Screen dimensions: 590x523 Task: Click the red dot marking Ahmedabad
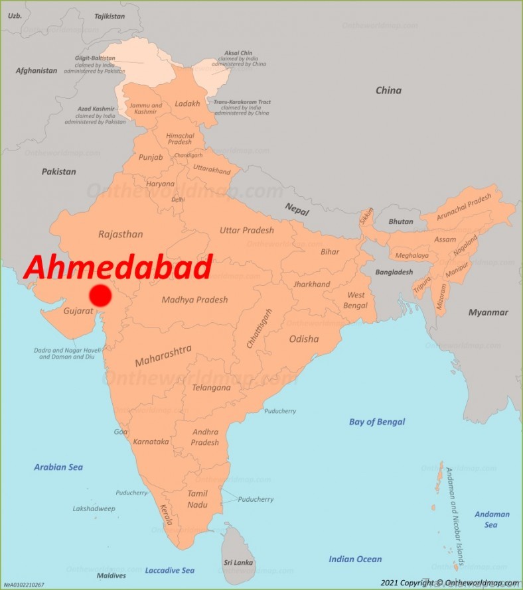tap(100, 295)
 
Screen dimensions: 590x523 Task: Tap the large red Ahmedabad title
tap(118, 267)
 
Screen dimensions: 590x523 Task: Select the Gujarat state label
tap(77, 310)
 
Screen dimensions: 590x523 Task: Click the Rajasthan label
tap(120, 234)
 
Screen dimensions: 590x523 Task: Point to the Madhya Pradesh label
tap(194, 300)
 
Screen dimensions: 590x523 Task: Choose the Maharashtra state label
tap(163, 356)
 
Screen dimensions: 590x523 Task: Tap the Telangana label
tap(211, 388)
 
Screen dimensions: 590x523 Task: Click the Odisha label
tap(303, 339)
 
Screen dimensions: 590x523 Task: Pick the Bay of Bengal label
tap(377, 422)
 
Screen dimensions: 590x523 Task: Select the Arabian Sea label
tap(58, 467)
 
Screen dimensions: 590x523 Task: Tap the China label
tap(388, 90)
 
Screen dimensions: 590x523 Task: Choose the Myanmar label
tap(488, 312)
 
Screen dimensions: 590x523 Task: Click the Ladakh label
tap(187, 104)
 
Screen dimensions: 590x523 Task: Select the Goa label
tap(121, 432)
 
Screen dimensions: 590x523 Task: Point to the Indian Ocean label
tap(355, 560)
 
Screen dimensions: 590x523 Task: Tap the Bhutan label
tap(401, 221)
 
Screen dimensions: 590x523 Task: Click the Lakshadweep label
tap(94, 508)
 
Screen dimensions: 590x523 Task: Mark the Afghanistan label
tap(37, 70)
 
